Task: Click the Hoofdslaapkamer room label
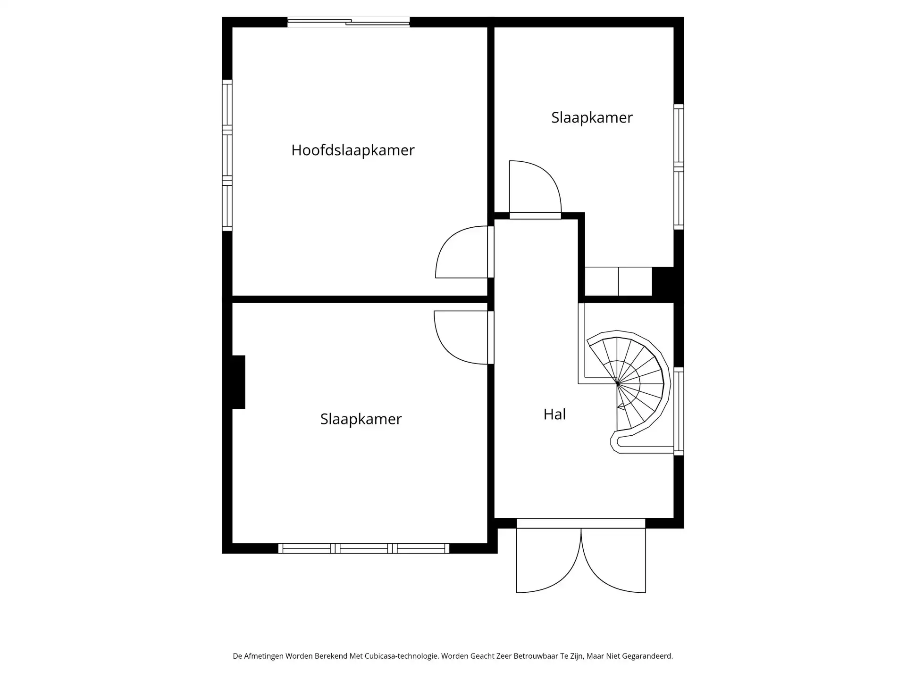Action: pos(352,150)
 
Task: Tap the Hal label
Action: pos(554,414)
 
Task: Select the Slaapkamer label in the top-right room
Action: pos(592,117)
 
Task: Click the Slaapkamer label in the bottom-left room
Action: pos(361,419)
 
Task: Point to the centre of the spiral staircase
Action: pos(618,384)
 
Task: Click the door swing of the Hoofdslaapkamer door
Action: pos(460,252)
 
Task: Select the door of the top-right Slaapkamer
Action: pos(535,189)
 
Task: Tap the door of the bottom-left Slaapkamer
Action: pos(460,337)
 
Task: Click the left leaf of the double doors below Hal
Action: pos(547,561)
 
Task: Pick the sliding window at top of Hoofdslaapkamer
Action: pos(348,22)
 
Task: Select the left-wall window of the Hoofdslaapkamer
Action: pos(227,155)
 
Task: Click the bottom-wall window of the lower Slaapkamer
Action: pos(363,548)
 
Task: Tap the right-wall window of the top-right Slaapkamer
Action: pos(679,167)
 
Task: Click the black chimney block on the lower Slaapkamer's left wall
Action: pos(238,382)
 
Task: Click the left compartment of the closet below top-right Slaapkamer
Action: pos(602,282)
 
